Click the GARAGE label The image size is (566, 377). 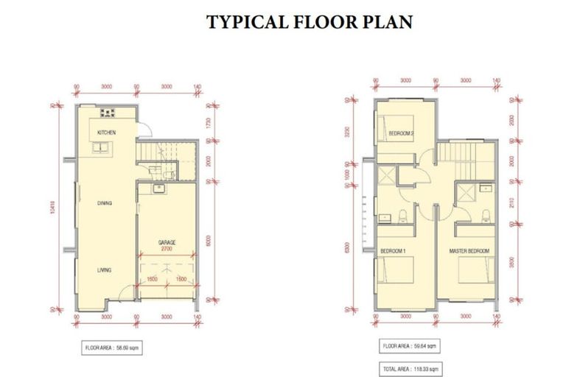click(x=166, y=242)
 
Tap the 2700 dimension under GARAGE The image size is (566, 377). click(x=166, y=250)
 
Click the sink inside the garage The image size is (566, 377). click(x=157, y=189)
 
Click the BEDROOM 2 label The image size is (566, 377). click(x=401, y=133)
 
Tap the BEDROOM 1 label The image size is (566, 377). click(x=394, y=252)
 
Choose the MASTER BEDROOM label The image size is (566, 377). click(x=469, y=252)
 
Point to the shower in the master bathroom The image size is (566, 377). click(x=464, y=193)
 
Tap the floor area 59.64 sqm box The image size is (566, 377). click(x=408, y=345)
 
